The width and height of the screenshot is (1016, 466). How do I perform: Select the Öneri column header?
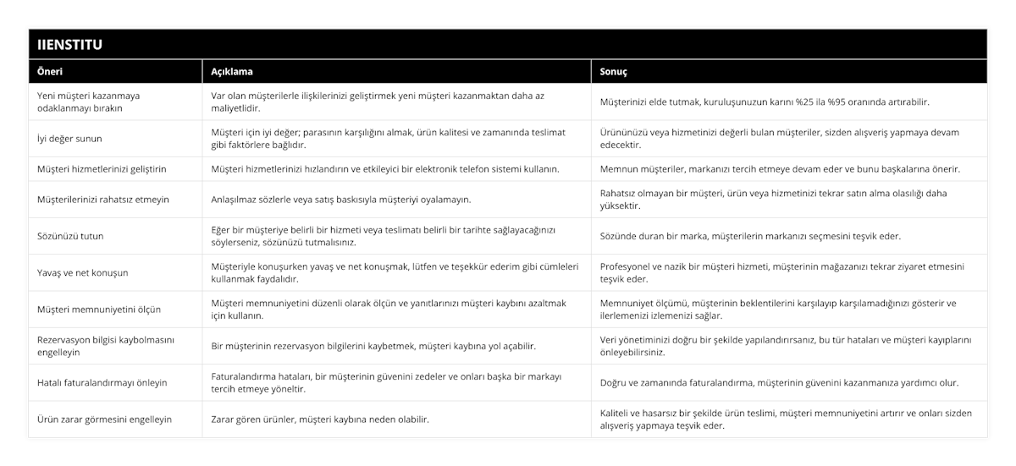[50, 72]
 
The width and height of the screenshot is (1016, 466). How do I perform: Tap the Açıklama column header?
[231, 72]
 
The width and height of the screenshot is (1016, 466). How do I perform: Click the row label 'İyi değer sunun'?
[70, 138]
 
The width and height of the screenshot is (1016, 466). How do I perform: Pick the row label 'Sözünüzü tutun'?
[71, 236]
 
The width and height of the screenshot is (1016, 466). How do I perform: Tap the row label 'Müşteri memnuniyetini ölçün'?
[99, 310]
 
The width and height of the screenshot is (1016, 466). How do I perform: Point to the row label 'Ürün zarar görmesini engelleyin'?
[104, 419]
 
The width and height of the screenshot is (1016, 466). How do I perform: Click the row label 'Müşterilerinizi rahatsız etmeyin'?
[103, 200]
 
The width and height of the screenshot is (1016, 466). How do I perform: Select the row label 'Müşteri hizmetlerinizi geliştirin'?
[102, 169]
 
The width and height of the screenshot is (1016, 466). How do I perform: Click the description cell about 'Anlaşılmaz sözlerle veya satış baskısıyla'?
[340, 200]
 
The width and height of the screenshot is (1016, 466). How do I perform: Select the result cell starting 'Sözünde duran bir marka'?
[750, 236]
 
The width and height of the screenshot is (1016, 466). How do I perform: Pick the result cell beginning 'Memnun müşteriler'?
[780, 169]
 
